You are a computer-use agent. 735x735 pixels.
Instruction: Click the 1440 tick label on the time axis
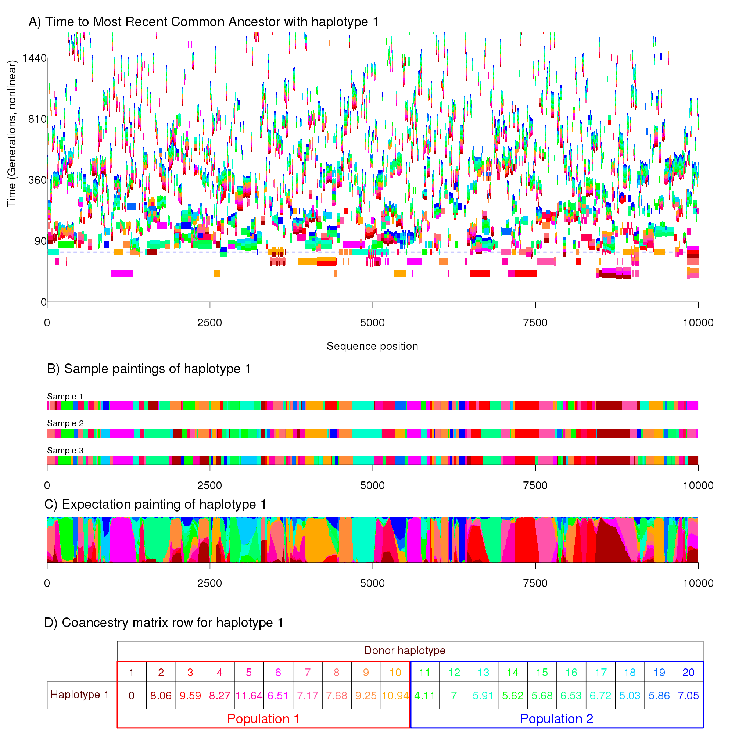[x=34, y=58]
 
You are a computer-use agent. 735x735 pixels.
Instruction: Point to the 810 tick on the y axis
[x=37, y=119]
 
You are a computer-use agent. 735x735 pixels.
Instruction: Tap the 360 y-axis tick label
[x=37, y=180]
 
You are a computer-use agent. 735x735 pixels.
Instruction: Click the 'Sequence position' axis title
[x=372, y=346]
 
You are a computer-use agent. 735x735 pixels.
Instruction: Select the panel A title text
[x=204, y=22]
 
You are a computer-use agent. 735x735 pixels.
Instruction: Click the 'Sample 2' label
[x=65, y=423]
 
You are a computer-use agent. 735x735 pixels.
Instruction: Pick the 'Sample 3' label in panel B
[x=65, y=451]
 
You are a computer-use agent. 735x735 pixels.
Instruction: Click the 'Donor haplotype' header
[x=405, y=650]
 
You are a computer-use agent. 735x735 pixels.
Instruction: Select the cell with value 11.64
[x=249, y=696]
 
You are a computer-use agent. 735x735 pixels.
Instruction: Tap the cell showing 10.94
[x=395, y=696]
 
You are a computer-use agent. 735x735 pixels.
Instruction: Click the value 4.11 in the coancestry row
[x=424, y=696]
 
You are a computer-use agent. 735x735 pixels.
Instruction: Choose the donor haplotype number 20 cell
[x=688, y=673]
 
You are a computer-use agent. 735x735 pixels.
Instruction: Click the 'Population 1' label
[x=263, y=719]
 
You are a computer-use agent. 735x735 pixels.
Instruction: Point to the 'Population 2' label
[x=556, y=719]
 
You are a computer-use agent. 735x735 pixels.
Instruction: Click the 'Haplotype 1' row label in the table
[x=80, y=695]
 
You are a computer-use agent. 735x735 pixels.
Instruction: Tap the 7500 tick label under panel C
[x=535, y=583]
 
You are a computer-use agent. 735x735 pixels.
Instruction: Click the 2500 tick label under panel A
[x=209, y=323]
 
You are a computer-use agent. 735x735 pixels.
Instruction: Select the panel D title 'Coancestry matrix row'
[x=164, y=623]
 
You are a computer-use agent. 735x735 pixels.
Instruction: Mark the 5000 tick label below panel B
[x=372, y=485]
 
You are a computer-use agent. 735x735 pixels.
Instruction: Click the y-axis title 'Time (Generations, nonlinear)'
[x=12, y=133]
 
